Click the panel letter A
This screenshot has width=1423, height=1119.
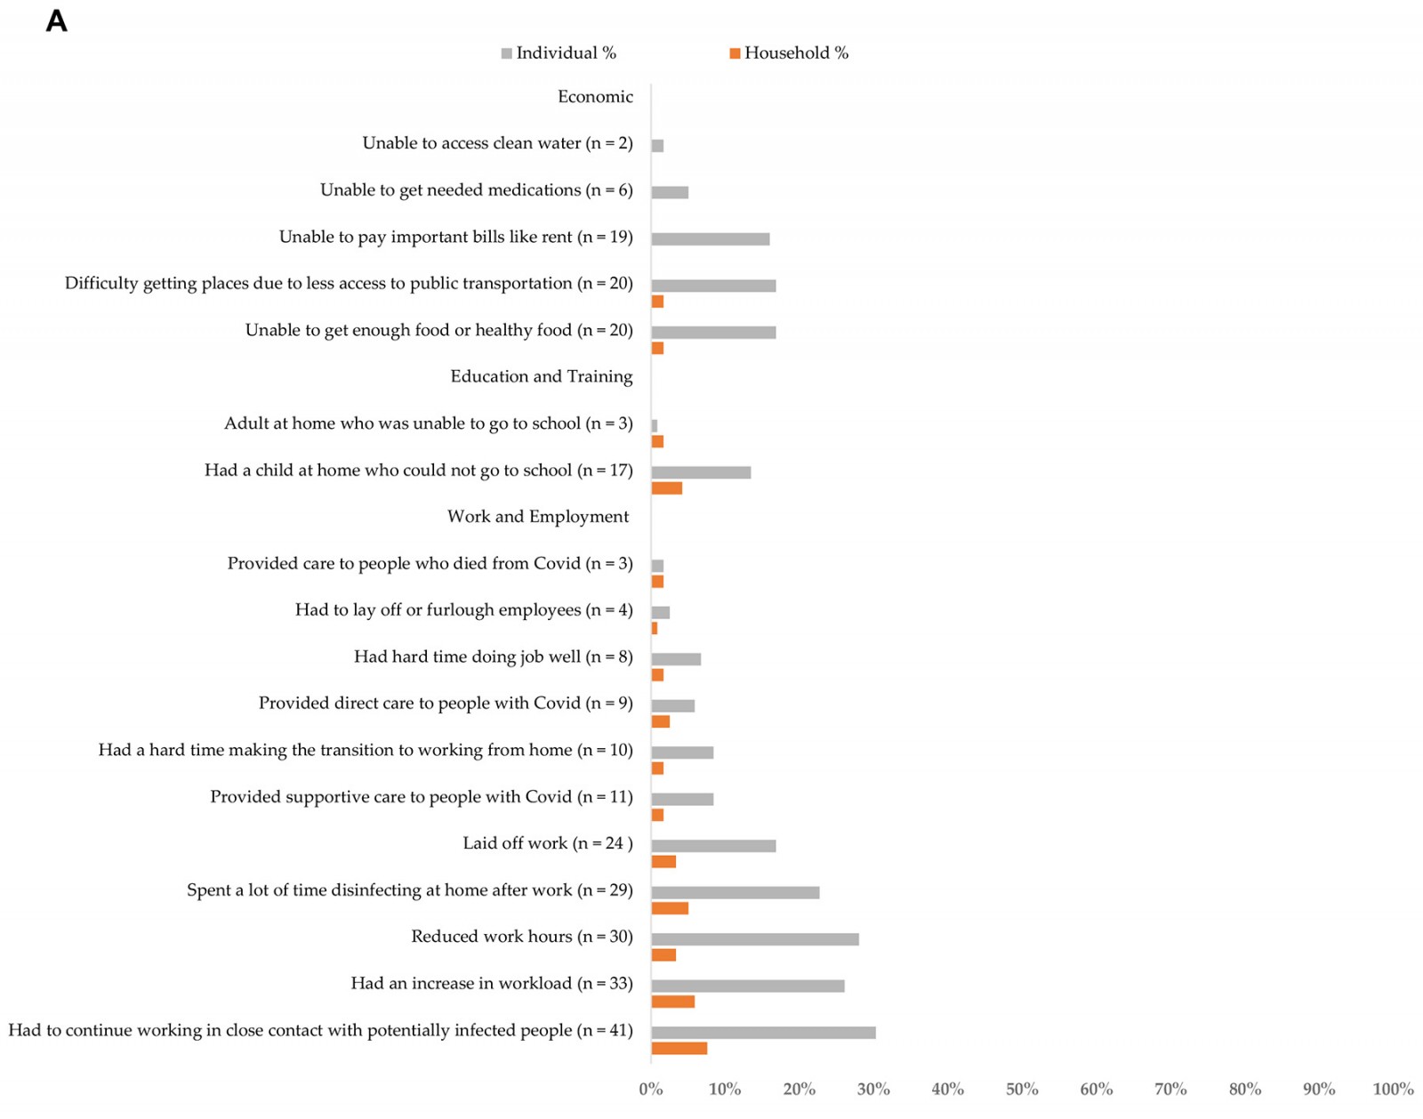point(56,21)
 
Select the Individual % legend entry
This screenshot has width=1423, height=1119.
point(559,53)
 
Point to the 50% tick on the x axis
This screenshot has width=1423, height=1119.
point(1022,1089)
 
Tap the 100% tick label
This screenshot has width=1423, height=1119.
point(1393,1089)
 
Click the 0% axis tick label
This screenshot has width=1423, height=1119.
point(651,1089)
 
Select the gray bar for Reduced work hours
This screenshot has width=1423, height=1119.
point(755,939)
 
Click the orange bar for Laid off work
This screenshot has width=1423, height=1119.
point(663,862)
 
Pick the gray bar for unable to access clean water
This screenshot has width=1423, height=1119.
point(657,146)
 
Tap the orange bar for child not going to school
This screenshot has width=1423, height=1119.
point(667,488)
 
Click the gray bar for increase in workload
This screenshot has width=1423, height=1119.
point(748,986)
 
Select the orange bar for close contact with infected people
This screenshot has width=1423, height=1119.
point(679,1049)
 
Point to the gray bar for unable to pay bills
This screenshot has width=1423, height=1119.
point(711,239)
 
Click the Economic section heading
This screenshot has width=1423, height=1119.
point(595,97)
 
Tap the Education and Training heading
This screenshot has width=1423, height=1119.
point(542,376)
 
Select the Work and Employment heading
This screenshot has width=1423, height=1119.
point(538,517)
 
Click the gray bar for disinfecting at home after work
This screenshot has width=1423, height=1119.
point(736,892)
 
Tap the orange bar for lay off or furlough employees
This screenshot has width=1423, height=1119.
point(655,629)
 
